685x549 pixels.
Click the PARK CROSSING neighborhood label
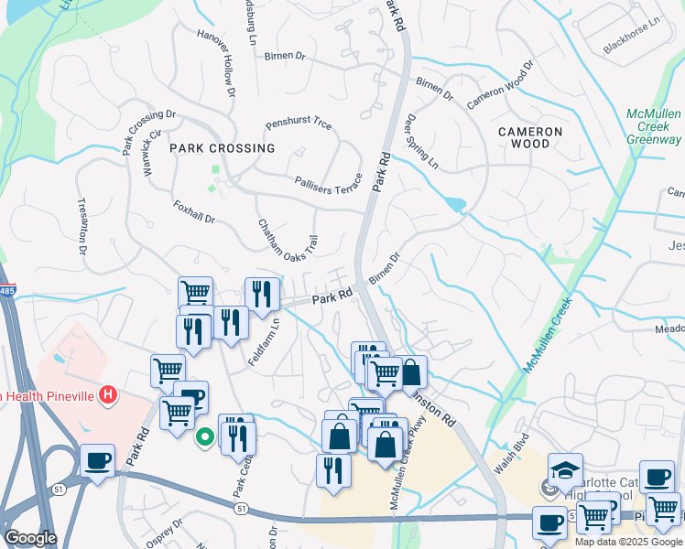pos(223,147)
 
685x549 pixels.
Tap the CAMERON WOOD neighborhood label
pos(537,137)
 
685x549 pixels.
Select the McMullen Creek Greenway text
pos(654,126)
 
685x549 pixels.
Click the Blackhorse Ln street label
pos(631,36)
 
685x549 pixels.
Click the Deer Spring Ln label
pos(421,142)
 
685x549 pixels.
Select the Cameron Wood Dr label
pos(500,86)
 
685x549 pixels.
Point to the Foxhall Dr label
pos(193,212)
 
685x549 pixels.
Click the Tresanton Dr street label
pos(81,227)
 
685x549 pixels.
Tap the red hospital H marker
pos(108,395)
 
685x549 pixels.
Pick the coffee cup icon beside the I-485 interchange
pos(97,459)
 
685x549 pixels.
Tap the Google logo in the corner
pos(30,538)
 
